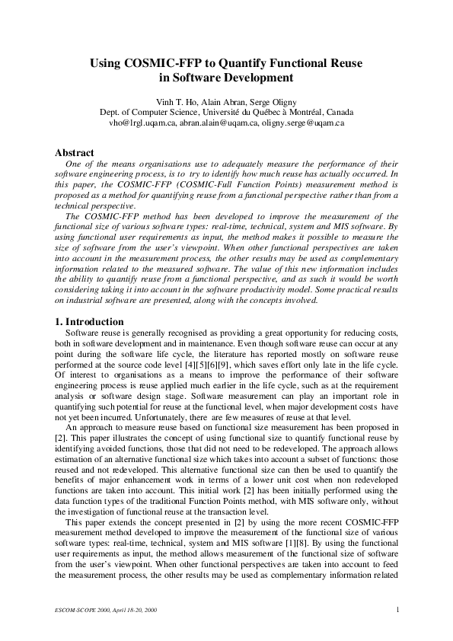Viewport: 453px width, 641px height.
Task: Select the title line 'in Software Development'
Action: point(226,77)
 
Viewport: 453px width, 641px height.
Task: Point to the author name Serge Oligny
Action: point(275,101)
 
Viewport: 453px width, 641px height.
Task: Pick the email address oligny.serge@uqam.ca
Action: point(304,121)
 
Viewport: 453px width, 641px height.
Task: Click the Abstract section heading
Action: point(75,152)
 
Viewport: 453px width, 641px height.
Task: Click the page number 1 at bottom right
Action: point(398,609)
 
